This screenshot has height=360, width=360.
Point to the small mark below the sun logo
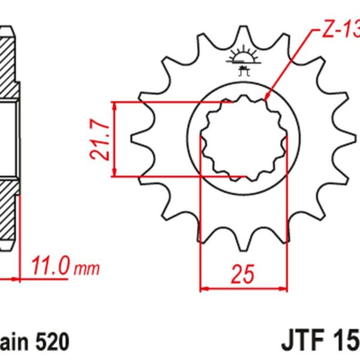point(243,73)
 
